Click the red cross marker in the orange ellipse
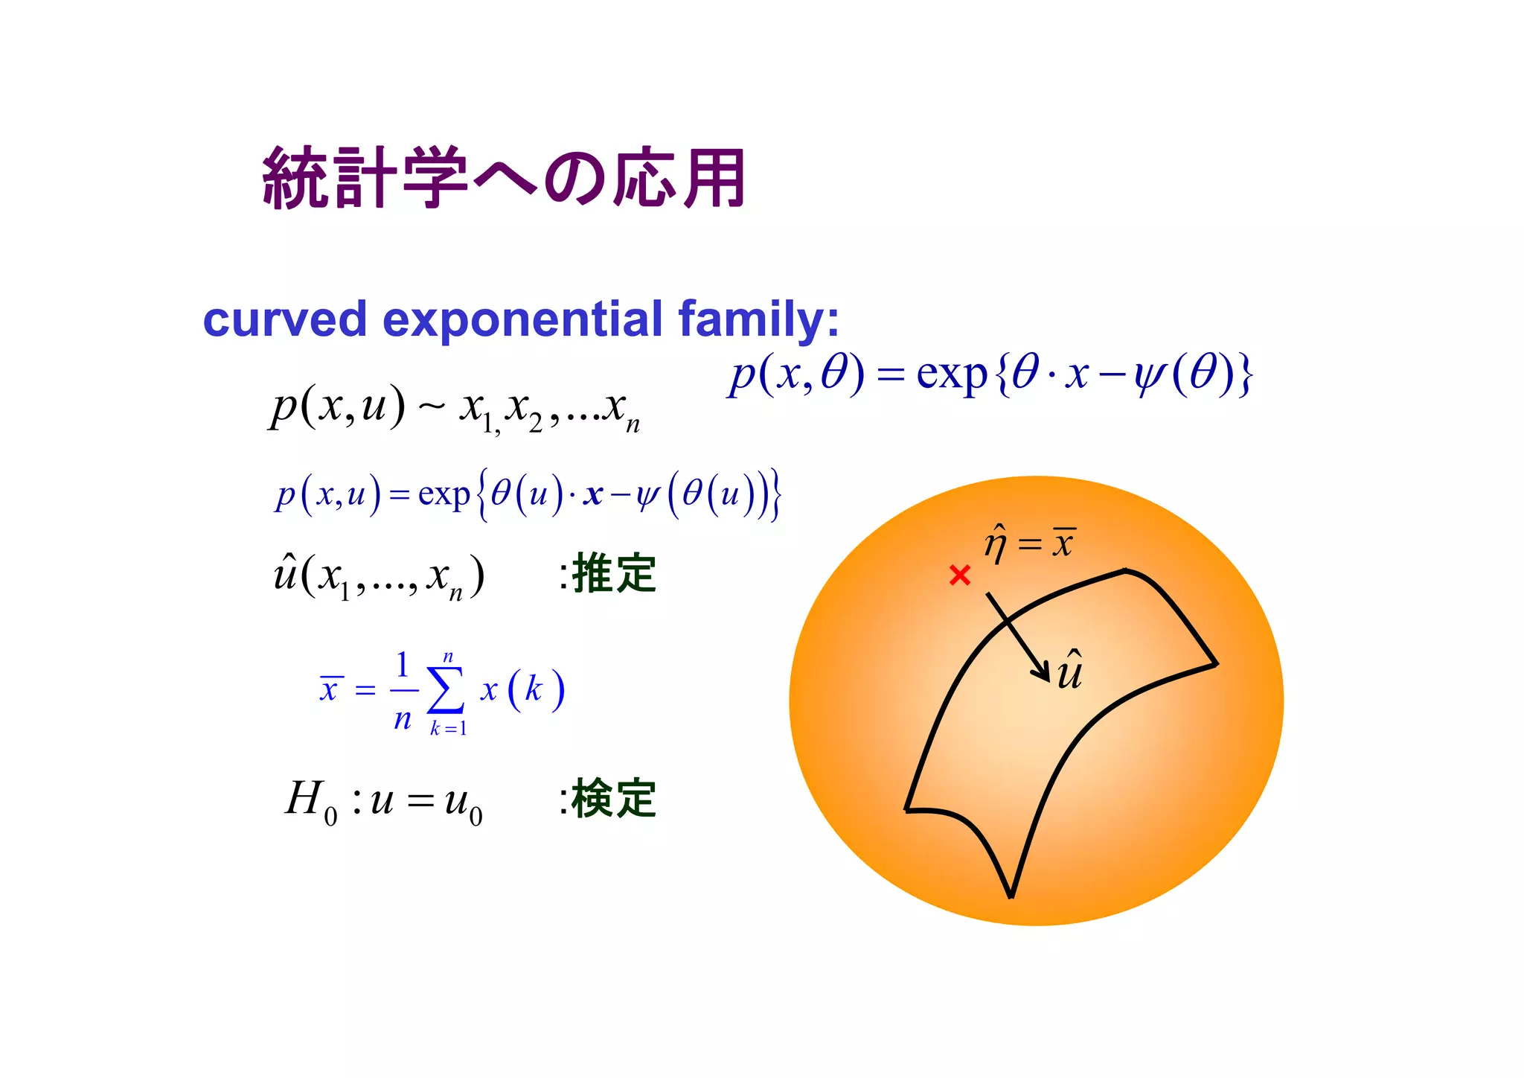(x=960, y=575)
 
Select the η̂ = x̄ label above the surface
(x=1030, y=543)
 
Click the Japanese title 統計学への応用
(x=504, y=179)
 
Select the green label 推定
(x=613, y=574)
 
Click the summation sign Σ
(x=446, y=690)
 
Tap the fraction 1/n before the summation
(x=403, y=690)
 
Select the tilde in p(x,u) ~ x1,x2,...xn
(x=432, y=406)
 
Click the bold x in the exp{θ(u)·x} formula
(x=593, y=494)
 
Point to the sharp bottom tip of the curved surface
(x=1011, y=896)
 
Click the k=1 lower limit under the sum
(x=448, y=729)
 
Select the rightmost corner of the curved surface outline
(x=1216, y=663)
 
